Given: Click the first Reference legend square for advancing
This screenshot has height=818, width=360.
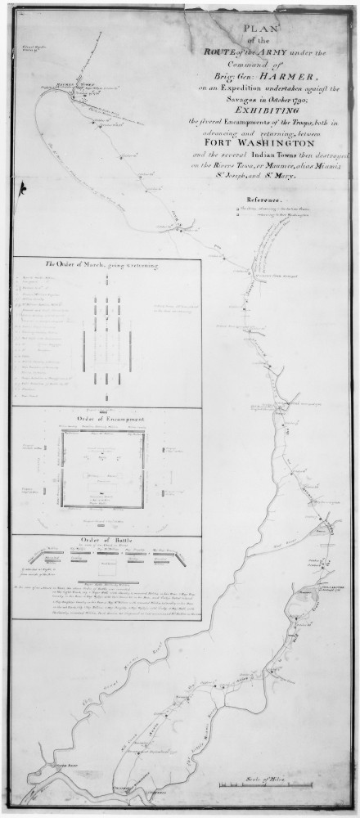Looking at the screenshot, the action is (x=237, y=210).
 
